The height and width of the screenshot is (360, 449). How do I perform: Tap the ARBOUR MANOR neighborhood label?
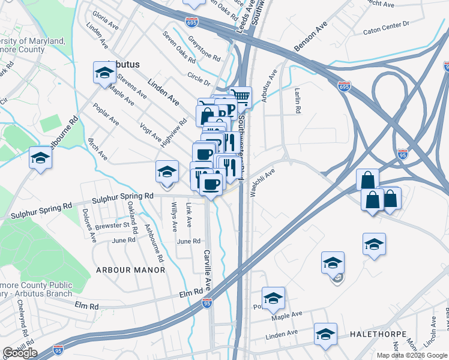(130, 270)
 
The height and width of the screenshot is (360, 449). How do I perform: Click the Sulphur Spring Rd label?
(123, 197)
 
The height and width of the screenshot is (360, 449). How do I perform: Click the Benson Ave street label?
(310, 37)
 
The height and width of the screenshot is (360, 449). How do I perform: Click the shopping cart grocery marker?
(241, 96)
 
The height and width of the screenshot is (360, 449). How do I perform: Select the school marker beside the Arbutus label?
(104, 73)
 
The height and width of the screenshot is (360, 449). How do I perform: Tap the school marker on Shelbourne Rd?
(41, 158)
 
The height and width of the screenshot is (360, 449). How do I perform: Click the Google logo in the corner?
(20, 353)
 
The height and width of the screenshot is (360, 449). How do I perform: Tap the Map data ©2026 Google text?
(411, 355)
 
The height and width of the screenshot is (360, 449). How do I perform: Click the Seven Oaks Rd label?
(179, 47)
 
